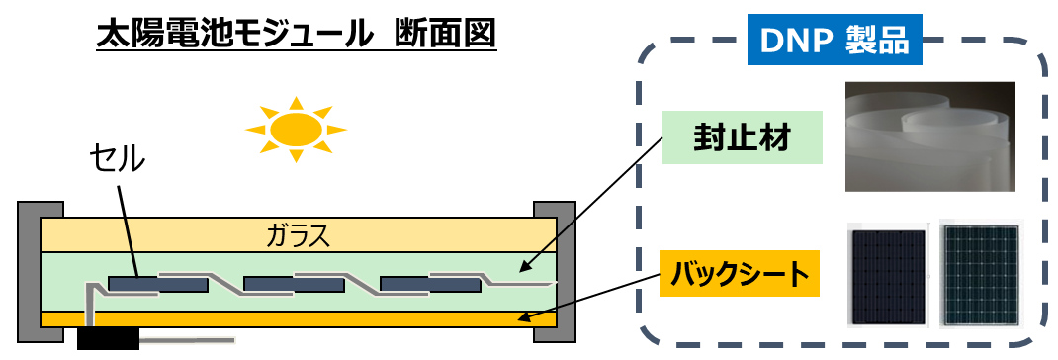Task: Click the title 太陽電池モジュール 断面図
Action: pyautogui.click(x=296, y=35)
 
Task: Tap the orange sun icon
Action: pyautogui.click(x=297, y=127)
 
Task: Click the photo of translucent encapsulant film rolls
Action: pyautogui.click(x=929, y=136)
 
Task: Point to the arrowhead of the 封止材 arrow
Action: pyautogui.click(x=523, y=267)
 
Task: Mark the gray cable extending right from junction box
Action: pyautogui.click(x=188, y=340)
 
